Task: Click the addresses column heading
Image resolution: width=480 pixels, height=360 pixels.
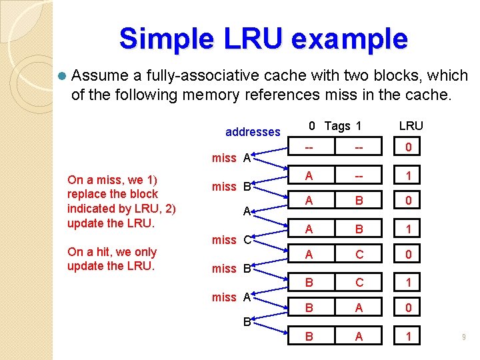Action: [x=253, y=132]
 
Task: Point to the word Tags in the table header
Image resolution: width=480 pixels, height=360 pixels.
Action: [x=337, y=126]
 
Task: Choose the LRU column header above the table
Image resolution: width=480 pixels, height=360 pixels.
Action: [x=411, y=126]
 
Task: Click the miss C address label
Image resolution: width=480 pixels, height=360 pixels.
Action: [x=231, y=239]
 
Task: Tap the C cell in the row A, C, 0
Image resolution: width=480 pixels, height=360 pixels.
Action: [x=359, y=255]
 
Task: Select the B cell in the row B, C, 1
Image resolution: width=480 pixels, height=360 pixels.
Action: [x=308, y=283]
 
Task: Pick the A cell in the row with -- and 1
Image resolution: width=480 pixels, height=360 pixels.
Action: [x=308, y=176]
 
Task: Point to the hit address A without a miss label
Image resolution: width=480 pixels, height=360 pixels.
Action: [x=246, y=211]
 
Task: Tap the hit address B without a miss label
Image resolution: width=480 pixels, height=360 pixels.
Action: [x=246, y=322]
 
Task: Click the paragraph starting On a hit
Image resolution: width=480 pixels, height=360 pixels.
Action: [x=111, y=259]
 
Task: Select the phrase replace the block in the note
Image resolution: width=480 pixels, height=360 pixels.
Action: [x=113, y=194]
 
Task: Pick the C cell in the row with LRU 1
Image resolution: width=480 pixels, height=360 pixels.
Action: [x=359, y=283]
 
